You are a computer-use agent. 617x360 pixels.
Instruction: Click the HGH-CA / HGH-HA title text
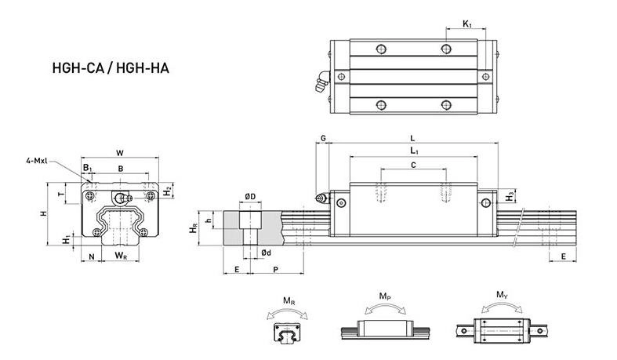110,68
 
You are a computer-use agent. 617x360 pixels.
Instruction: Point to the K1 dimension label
467,25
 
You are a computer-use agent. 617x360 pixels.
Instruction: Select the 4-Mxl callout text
36,161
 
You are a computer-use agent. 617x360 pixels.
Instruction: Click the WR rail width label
121,256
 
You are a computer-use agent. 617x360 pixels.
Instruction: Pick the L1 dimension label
413,151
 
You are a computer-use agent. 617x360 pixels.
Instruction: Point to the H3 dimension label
510,195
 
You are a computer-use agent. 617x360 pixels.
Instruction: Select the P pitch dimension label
275,269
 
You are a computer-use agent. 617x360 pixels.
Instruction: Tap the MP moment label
385,296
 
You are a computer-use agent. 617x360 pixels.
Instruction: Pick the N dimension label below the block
92,256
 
